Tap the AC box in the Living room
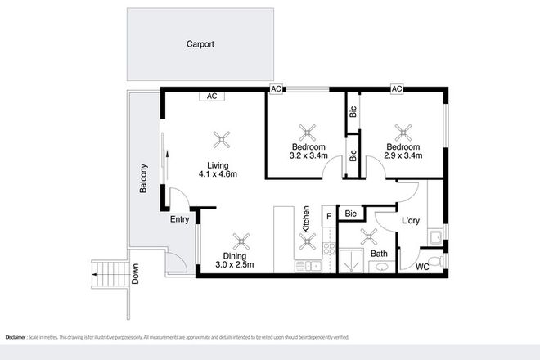(212, 96)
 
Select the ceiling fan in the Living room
(218, 138)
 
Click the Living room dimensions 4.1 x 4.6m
(218, 173)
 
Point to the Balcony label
(144, 179)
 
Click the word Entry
(180, 219)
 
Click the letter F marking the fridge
(329, 216)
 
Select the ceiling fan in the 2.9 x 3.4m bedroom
(404, 131)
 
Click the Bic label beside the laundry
(350, 214)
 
